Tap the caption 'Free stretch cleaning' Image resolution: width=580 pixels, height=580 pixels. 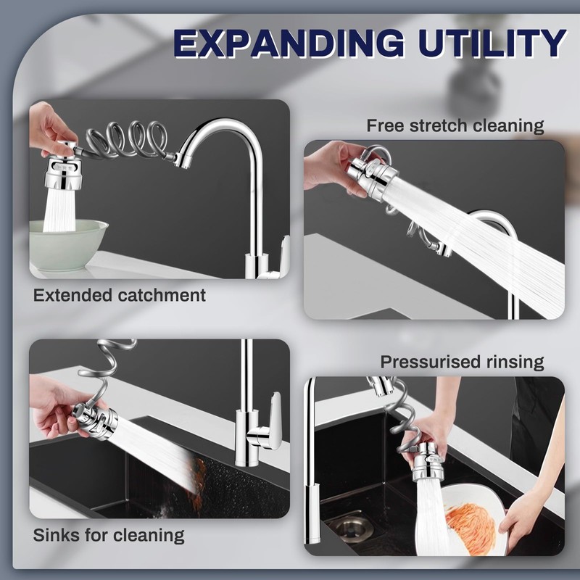(x=455, y=125)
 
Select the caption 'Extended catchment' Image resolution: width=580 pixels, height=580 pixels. (x=120, y=295)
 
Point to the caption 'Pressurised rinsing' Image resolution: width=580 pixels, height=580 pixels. (x=462, y=361)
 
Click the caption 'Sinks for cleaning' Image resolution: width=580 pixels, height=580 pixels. (x=109, y=536)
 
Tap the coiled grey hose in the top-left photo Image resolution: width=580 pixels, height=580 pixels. (x=127, y=138)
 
